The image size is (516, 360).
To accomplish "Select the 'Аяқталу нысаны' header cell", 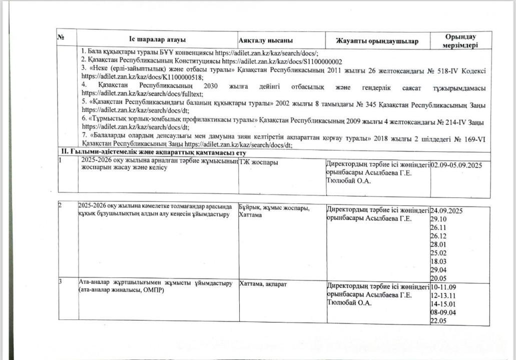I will pos(265,40).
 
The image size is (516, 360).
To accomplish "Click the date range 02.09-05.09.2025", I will pos(457,164).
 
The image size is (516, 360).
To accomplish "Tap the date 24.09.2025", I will pos(446,210).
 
